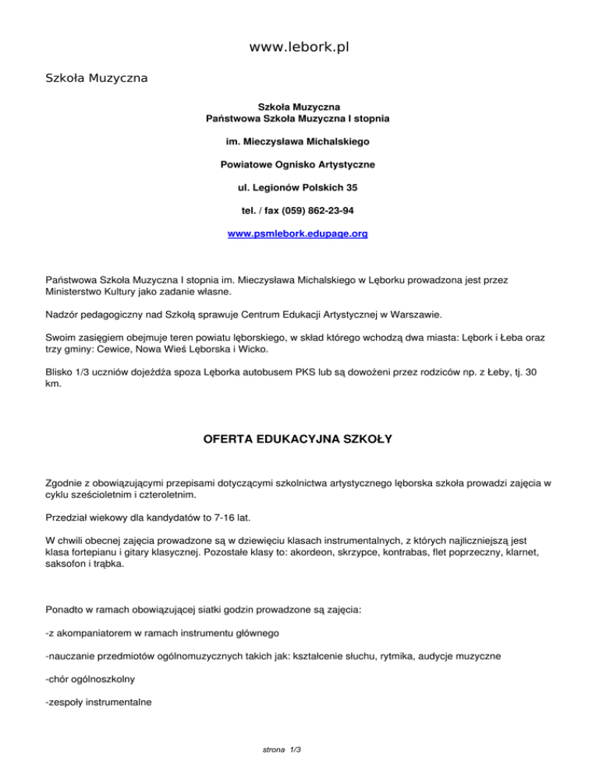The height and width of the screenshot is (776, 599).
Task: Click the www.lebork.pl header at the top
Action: (299, 47)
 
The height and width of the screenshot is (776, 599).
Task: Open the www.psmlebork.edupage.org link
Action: (297, 233)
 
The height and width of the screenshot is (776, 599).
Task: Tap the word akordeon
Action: (357, 551)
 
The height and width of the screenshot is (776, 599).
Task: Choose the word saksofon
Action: (68, 564)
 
